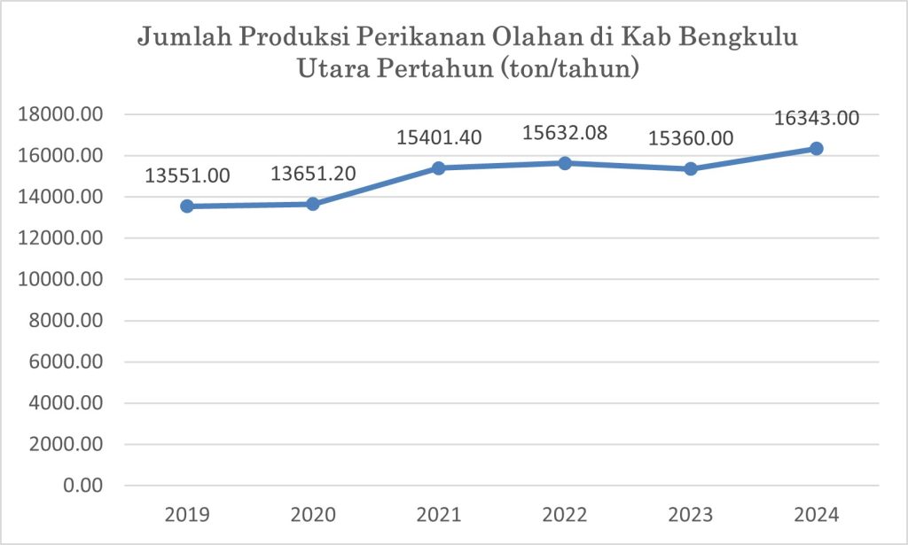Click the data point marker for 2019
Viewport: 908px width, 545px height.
[187, 206]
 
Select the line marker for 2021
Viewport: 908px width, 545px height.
[439, 167]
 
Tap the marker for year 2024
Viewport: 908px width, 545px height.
[817, 148]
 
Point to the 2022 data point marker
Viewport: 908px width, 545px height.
[565, 163]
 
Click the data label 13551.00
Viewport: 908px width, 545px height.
[187, 175]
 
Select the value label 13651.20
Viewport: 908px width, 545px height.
[313, 173]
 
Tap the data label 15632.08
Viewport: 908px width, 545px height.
[565, 132]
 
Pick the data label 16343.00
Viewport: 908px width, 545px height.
[817, 118]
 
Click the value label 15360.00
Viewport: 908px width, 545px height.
[691, 138]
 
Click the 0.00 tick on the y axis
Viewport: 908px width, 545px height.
[83, 487]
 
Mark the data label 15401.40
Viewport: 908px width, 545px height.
[439, 136]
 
